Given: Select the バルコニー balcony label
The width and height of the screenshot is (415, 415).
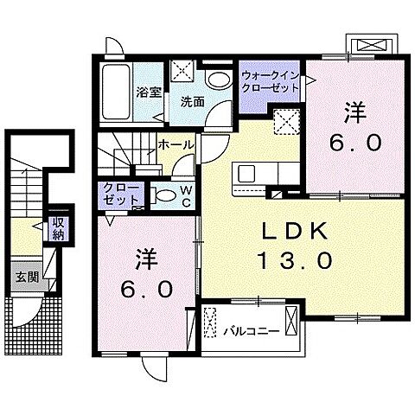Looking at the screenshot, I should [x=250, y=330].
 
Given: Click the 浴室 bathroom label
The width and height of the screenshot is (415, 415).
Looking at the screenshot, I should [x=149, y=91].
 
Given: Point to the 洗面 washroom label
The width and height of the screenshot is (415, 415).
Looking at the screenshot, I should [x=191, y=100].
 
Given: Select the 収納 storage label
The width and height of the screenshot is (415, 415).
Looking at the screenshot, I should [x=58, y=229].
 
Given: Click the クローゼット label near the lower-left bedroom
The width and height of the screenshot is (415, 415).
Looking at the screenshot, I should [x=117, y=193].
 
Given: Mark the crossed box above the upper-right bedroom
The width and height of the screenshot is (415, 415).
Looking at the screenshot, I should [x=370, y=46].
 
